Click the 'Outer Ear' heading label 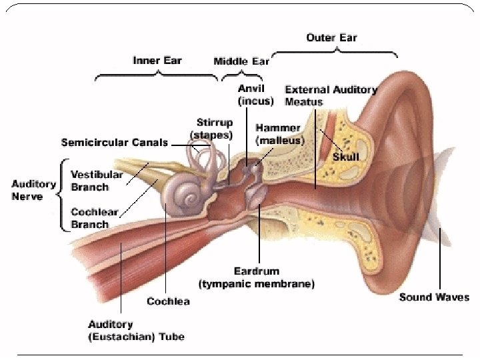331,37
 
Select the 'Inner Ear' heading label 157,60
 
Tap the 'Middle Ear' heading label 241,61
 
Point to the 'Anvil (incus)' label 255,95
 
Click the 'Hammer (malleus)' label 280,134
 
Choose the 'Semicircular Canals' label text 115,143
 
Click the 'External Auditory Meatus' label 331,95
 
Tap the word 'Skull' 346,157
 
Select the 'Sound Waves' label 434,297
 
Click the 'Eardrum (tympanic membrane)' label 257,278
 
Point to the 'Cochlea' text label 168,301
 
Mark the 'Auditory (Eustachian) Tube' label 136,330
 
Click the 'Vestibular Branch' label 97,180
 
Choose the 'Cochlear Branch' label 94,218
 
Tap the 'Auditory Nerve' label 33,189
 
